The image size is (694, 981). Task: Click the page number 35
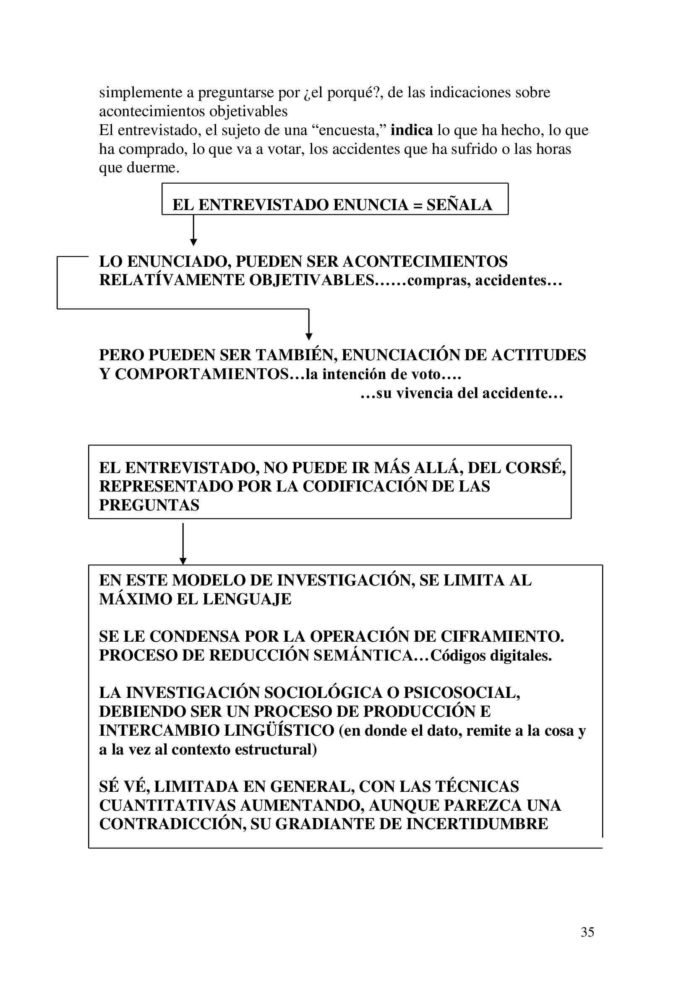587,932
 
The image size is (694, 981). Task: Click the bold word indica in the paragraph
412,130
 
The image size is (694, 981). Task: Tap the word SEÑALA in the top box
459,205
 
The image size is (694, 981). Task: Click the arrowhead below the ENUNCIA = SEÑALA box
193,242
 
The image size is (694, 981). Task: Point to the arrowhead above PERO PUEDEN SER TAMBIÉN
308,336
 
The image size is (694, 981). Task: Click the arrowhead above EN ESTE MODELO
183,561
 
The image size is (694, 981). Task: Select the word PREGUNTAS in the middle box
149,505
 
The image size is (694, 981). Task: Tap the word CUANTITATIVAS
167,805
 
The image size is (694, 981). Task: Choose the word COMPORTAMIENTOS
202,374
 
